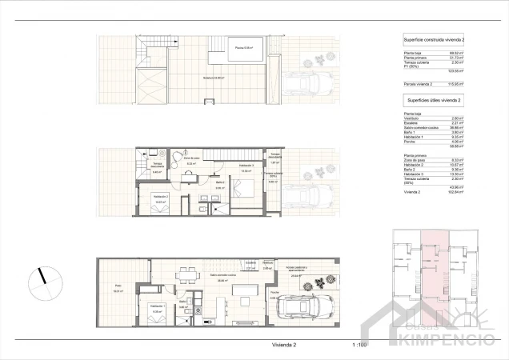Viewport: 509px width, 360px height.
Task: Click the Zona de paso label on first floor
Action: [x=192, y=159]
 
